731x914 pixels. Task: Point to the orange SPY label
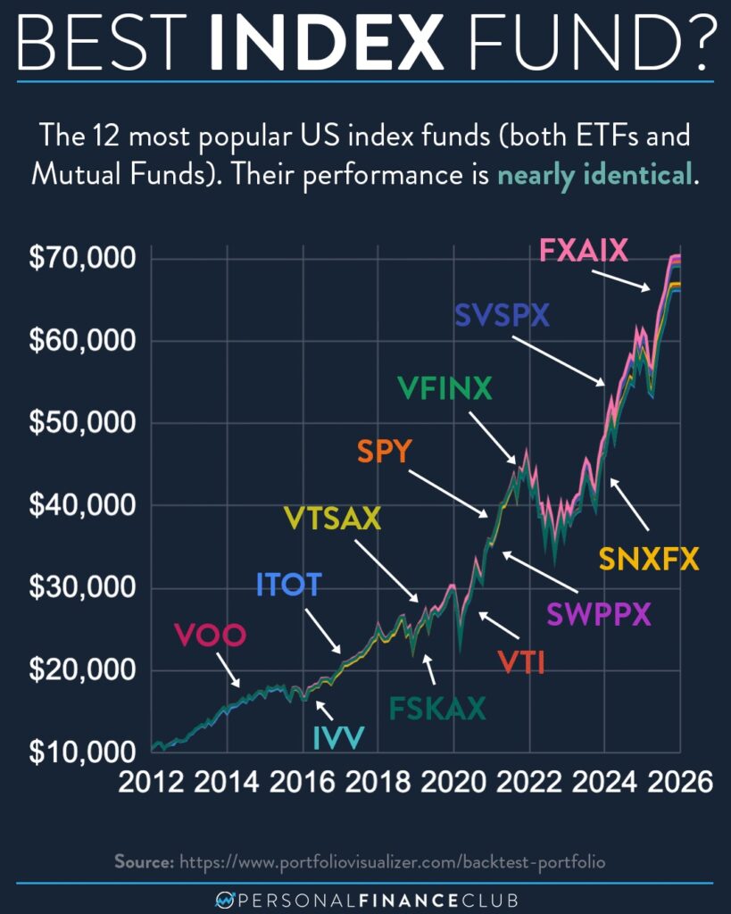384,452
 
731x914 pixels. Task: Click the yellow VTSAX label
332,518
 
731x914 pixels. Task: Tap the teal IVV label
338,737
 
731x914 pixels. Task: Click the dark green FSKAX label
436,708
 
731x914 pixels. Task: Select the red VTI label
521,662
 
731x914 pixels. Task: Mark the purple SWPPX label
599,614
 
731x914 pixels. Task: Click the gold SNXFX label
649,560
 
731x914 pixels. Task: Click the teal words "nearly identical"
594,173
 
